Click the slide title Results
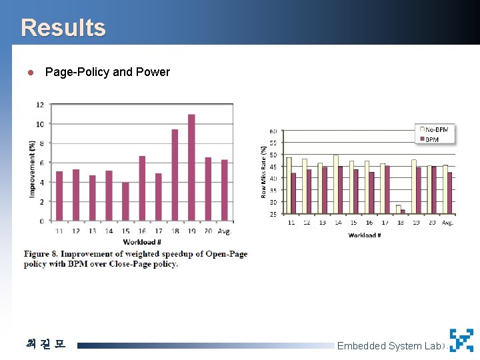pos(63,28)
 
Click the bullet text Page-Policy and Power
pos(107,72)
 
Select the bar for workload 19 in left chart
pos(191,167)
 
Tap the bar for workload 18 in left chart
pos(175,175)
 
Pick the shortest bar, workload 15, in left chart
pos(125,201)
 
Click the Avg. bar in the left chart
pos(225,190)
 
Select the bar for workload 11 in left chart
pos(59,195)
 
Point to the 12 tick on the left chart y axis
pos(40,105)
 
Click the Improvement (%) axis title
pos(31,168)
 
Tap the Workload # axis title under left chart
pos(141,242)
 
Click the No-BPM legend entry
pos(436,129)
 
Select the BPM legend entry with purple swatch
pos(431,139)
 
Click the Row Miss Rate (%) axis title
pos(264,172)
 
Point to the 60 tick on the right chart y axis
pos(273,131)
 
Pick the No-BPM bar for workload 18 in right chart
pos(398,209)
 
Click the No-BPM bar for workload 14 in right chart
pos(336,184)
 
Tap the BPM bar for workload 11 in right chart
pos(293,193)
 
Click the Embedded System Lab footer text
pos(389,345)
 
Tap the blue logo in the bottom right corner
pos(461,340)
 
